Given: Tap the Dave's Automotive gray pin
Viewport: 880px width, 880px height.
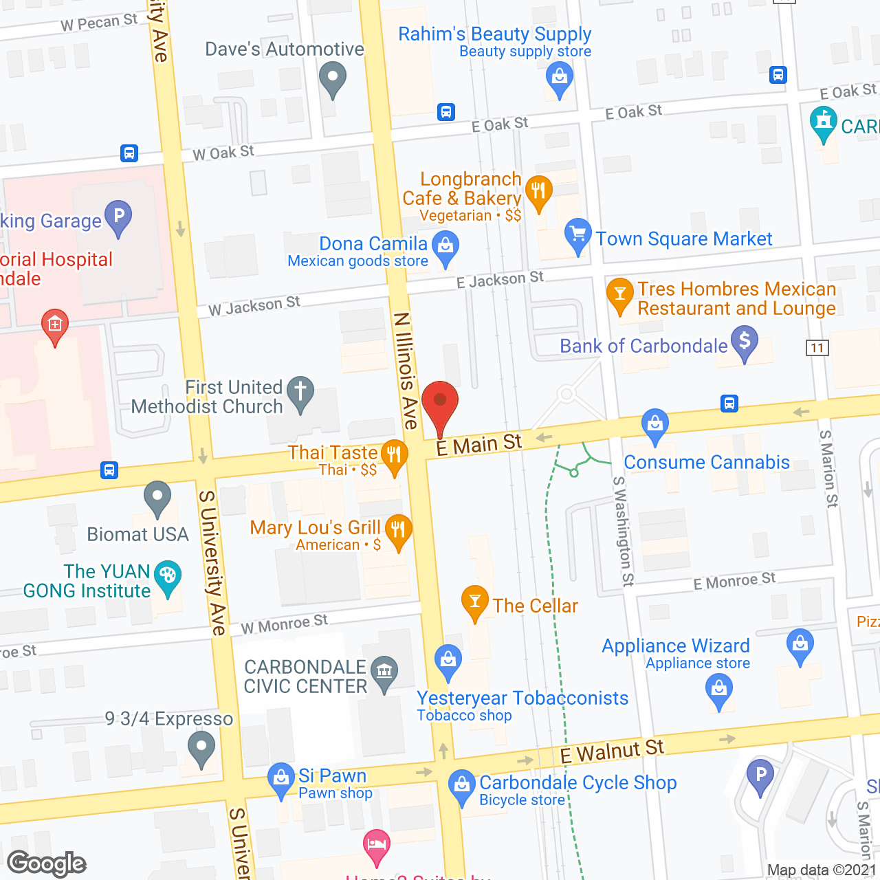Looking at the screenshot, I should (x=333, y=78).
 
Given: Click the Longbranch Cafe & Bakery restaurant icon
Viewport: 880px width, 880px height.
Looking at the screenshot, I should (x=538, y=191).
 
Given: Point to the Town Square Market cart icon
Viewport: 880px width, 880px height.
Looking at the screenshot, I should (x=577, y=235).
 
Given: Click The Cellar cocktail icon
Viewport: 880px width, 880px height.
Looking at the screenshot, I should (x=474, y=602).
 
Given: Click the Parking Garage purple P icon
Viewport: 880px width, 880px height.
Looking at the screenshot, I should (x=118, y=217).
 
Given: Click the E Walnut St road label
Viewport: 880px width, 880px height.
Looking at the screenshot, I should (x=612, y=751).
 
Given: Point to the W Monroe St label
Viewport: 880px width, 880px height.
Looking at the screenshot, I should (x=284, y=624).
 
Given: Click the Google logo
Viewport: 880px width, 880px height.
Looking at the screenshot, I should (x=47, y=863).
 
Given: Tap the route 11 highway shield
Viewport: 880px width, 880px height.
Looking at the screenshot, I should (x=817, y=348).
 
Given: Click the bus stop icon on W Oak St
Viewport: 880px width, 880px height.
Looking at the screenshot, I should (x=129, y=153).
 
